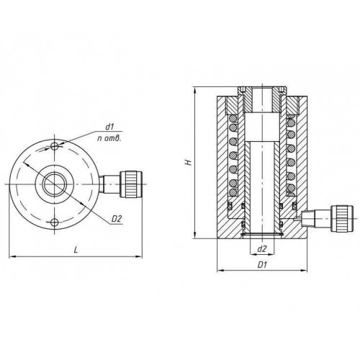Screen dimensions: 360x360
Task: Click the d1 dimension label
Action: tap(109, 127)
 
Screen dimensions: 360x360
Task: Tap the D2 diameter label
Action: tap(117, 219)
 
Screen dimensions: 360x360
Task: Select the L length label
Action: tap(76, 250)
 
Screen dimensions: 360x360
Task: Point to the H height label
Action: tap(189, 163)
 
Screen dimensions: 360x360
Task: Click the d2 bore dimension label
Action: tap(262, 249)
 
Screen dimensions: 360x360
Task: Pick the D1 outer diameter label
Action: tap(262, 265)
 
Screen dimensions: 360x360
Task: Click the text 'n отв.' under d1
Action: tap(109, 138)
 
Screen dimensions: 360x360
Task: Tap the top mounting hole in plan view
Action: tap(55, 146)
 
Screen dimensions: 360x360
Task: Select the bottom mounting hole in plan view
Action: tap(55, 222)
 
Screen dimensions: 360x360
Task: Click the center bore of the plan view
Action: tap(55, 184)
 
